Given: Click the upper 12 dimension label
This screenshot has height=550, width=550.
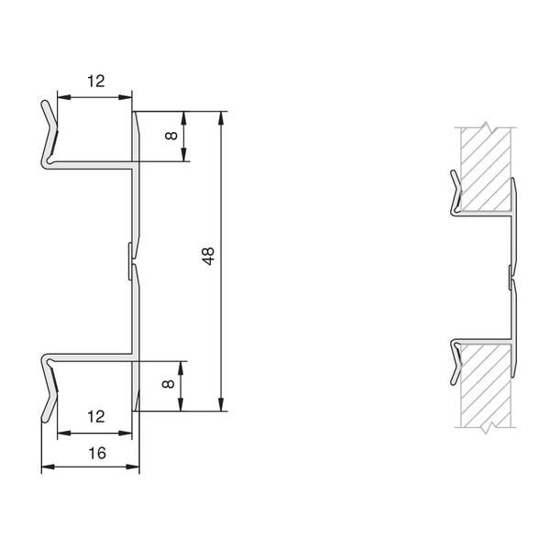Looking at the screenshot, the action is pyautogui.click(x=95, y=82).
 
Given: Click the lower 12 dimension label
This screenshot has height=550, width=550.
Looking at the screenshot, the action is pyautogui.click(x=95, y=417).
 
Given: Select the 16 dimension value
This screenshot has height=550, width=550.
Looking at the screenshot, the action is pyautogui.click(x=97, y=453).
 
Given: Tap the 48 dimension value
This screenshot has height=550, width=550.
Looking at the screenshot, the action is pyautogui.click(x=208, y=256).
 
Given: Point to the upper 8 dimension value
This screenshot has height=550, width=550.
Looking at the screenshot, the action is pyautogui.click(x=171, y=136).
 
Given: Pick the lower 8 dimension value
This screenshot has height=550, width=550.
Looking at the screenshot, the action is pyautogui.click(x=169, y=384).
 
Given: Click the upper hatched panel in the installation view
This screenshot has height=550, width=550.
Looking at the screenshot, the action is pyautogui.click(x=486, y=170).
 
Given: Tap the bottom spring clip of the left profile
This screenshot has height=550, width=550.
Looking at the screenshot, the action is pyautogui.click(x=49, y=388).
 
